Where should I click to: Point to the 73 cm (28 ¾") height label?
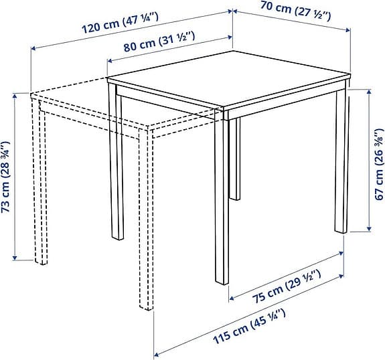tap(6, 176)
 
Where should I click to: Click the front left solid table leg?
tap(117, 167)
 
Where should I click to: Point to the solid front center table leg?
tap(218, 201)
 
